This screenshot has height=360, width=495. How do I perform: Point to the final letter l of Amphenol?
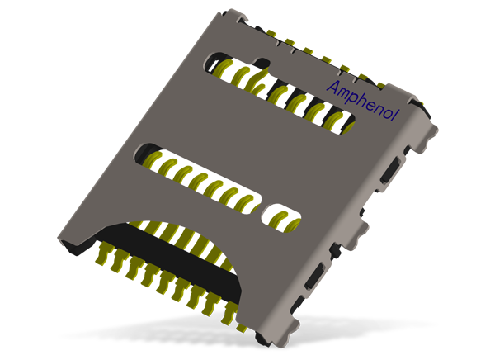pyautogui.click(x=394, y=115)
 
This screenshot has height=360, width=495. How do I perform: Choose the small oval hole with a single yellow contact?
pyautogui.click(x=282, y=219)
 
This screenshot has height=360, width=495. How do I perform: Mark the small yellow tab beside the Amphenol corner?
pyautogui.click(x=428, y=102)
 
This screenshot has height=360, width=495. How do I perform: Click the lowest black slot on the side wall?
pyautogui.click(x=314, y=277)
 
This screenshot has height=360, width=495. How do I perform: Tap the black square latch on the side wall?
pyautogui.click(x=335, y=249)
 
